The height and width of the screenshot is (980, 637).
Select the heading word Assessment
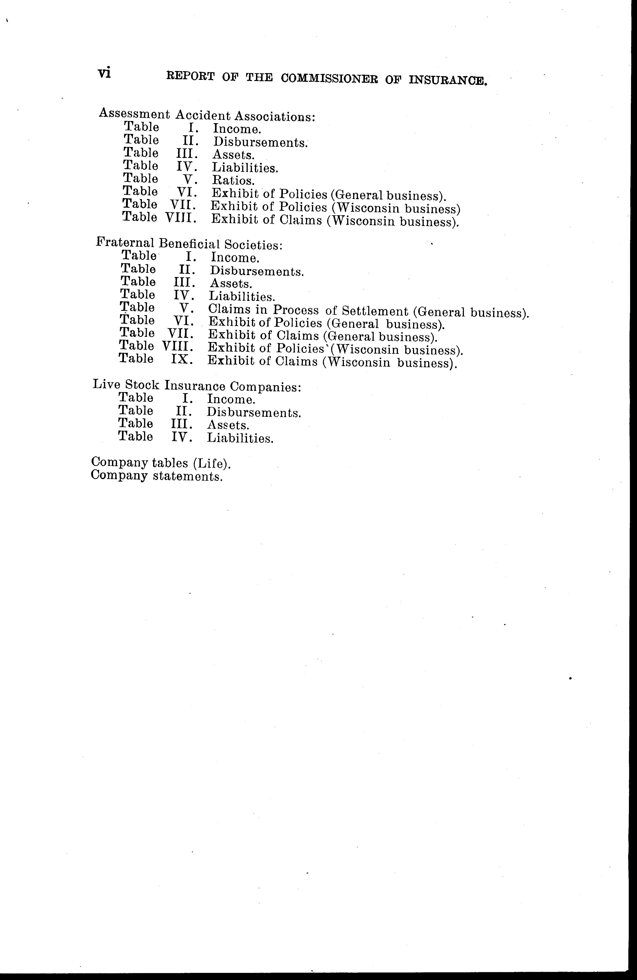[x=134, y=114]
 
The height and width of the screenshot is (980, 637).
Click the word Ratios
[x=233, y=180]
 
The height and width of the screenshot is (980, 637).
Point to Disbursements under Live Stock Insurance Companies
[x=254, y=412]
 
